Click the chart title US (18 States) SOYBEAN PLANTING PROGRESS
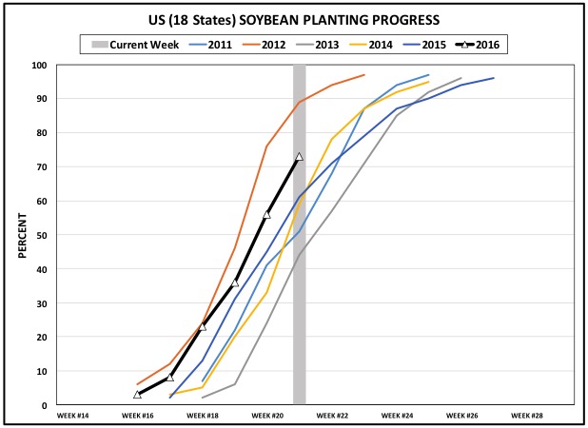click(x=293, y=19)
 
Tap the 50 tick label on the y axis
click(x=41, y=235)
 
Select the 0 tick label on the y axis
click(x=44, y=405)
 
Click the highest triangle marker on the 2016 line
click(x=299, y=157)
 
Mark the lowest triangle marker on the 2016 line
click(x=138, y=394)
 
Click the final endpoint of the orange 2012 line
click(x=363, y=75)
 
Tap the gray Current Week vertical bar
click(x=299, y=285)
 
